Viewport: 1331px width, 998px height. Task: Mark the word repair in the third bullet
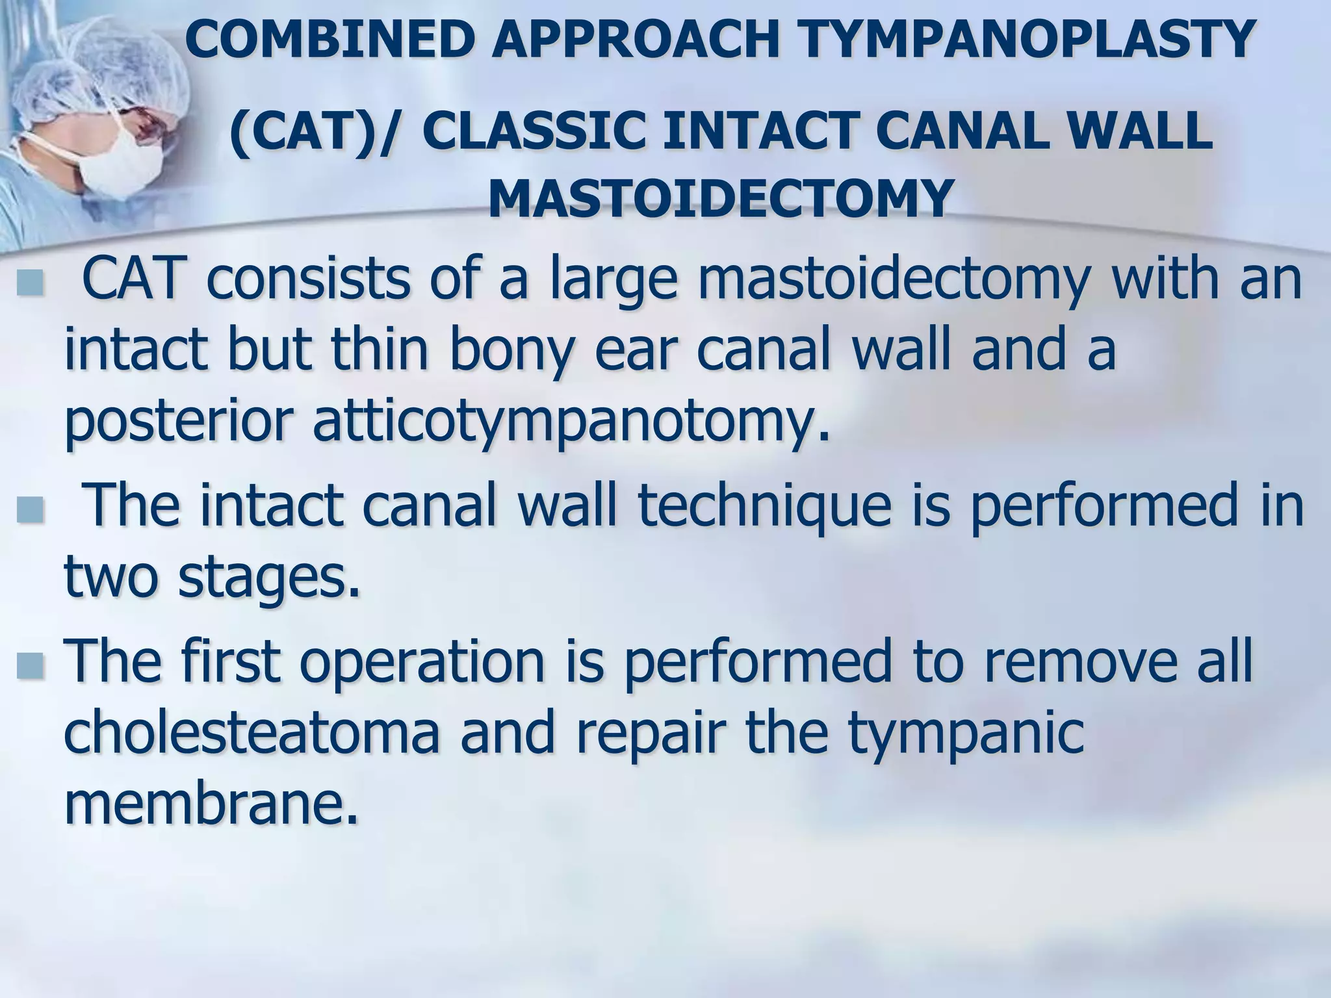click(x=650, y=734)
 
